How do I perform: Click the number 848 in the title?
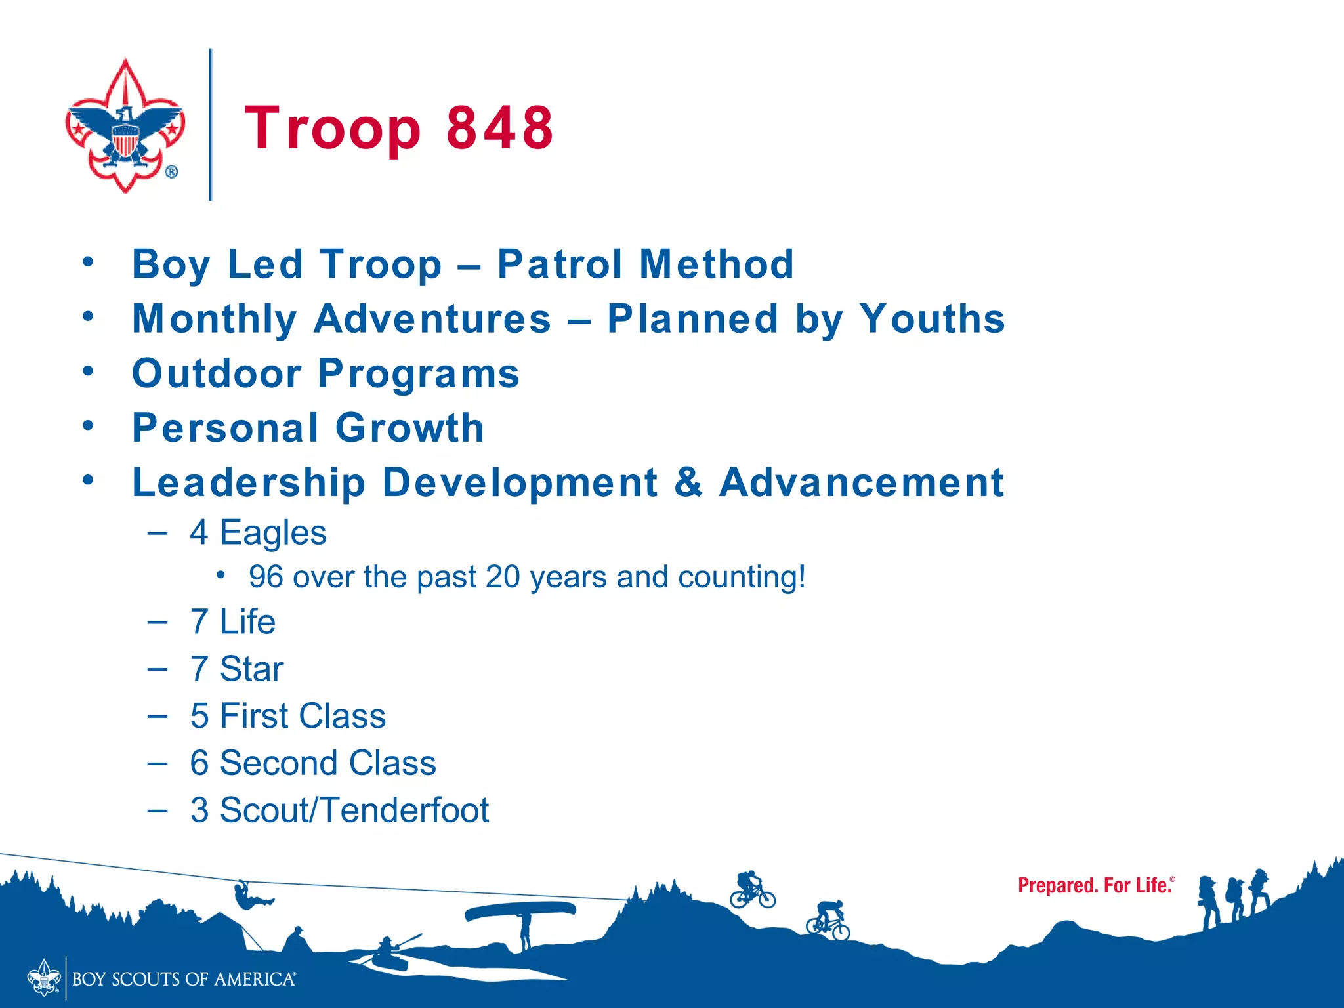point(500,127)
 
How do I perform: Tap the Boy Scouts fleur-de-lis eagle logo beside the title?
point(125,126)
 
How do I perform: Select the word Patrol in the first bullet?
point(560,264)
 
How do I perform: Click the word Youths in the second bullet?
point(932,319)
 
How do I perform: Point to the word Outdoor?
point(217,373)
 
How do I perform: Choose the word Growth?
point(409,428)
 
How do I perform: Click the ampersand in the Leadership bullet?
point(688,482)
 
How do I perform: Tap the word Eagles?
point(273,532)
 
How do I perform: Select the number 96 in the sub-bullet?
point(266,577)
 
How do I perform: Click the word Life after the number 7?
point(247,621)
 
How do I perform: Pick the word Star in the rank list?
point(251,669)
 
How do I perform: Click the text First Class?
point(303,716)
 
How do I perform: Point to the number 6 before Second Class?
point(199,763)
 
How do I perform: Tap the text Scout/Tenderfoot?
point(354,810)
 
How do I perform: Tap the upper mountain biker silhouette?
point(752,889)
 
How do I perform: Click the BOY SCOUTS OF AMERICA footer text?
point(184,979)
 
